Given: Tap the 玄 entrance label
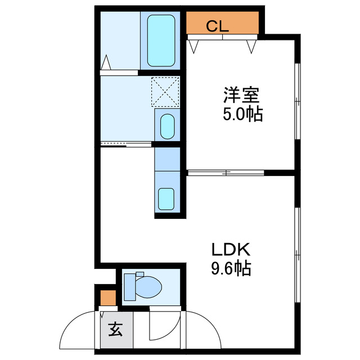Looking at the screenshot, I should pos(115,328).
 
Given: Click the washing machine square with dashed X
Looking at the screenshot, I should pos(165,91).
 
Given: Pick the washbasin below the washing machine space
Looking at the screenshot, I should pos(167,127).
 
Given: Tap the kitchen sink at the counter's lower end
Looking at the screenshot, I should pos(167,198).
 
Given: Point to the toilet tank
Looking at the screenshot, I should pos(129,287).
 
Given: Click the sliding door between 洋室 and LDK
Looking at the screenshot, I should pos(225,172).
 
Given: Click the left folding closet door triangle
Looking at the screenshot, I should pos(194,46).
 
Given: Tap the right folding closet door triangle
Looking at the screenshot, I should pos(251,46).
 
